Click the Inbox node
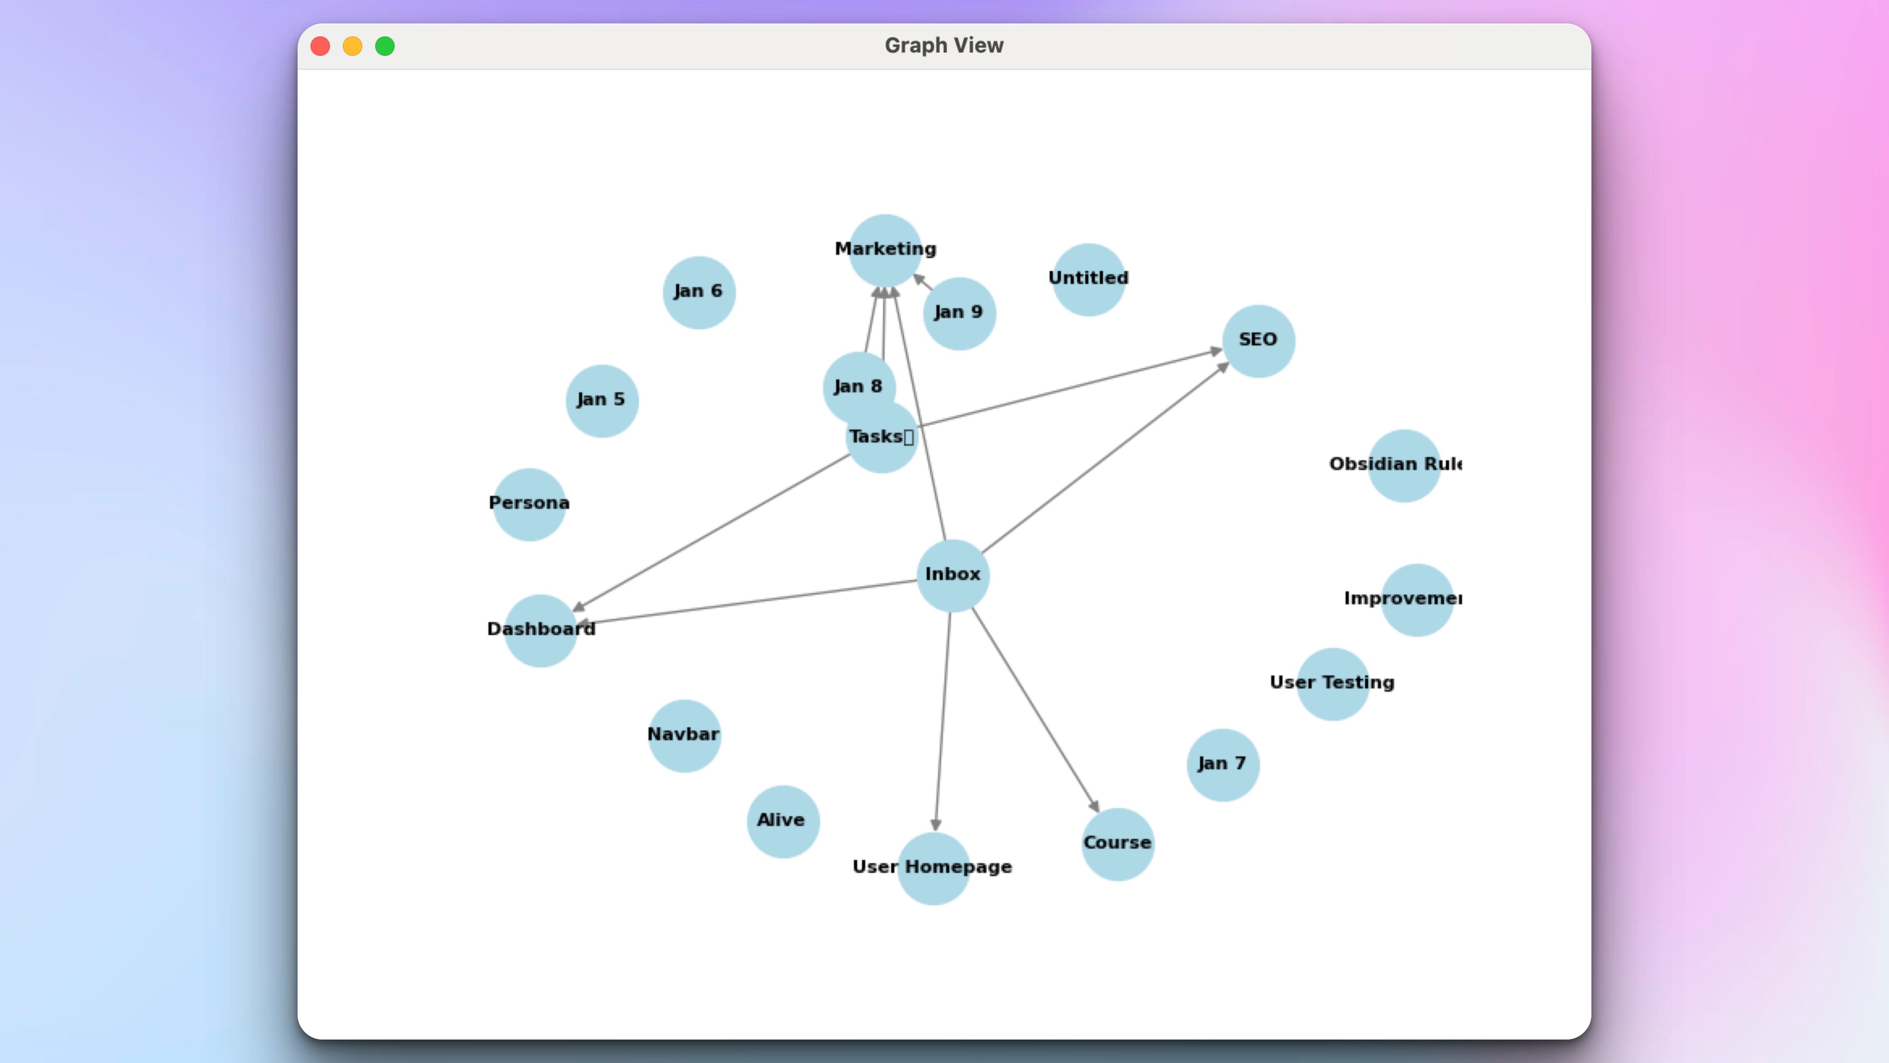coord(953,575)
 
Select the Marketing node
coord(885,250)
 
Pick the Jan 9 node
coord(958,313)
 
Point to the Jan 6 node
coord(698,292)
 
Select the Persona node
coord(529,504)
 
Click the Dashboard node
coord(541,630)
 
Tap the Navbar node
coord(683,735)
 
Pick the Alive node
coord(782,821)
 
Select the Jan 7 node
coord(1222,764)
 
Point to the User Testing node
coord(1332,684)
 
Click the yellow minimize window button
coord(353,46)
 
